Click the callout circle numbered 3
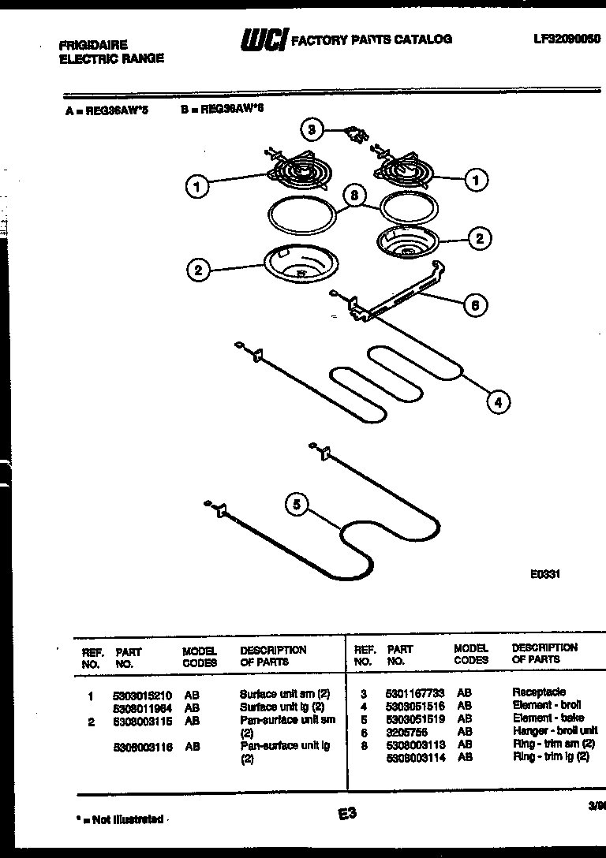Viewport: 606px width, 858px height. pos(312,129)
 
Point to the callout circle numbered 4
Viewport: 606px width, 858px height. pos(497,402)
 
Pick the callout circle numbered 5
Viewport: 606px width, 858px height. pos(297,504)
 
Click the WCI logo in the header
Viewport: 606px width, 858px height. pos(263,40)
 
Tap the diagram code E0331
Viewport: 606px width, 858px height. pos(544,575)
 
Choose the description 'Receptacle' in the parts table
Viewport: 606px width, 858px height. pos(538,692)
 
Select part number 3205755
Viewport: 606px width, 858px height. pos(406,732)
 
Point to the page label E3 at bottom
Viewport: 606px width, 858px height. pos(347,814)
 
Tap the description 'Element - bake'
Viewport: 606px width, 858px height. pos(548,718)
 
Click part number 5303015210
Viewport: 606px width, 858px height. pos(144,695)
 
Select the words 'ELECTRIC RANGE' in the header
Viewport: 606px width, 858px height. pos(111,58)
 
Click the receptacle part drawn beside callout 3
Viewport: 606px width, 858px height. pos(353,135)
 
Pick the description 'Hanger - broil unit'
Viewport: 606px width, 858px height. pos(555,731)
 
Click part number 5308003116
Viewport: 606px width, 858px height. pos(144,747)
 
